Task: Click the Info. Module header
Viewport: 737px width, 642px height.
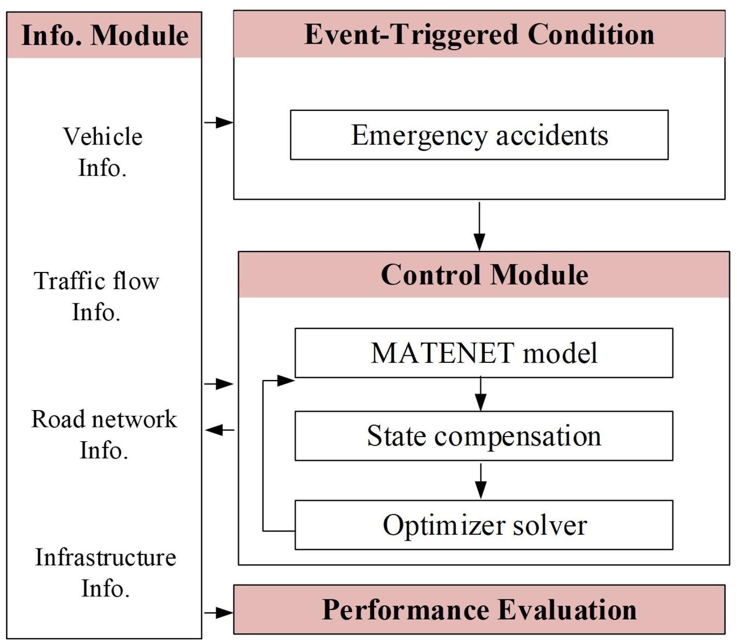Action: pyautogui.click(x=104, y=35)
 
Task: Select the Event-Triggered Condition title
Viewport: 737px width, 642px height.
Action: pyautogui.click(x=479, y=34)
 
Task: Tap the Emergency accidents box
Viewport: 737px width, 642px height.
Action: pyautogui.click(x=479, y=135)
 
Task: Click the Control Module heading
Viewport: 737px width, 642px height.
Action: pyautogui.click(x=484, y=275)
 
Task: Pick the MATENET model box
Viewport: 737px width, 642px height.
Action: pyautogui.click(x=484, y=353)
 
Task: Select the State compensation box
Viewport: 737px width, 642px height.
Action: pyautogui.click(x=484, y=435)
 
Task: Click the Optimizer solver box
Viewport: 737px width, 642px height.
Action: pyautogui.click(x=484, y=525)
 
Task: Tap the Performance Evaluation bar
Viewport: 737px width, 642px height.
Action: pyautogui.click(x=479, y=610)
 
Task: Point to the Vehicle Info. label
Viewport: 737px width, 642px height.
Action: pyautogui.click(x=102, y=152)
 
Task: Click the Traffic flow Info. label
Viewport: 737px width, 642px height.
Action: pyautogui.click(x=96, y=296)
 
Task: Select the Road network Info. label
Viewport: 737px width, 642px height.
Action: pyautogui.click(x=104, y=435)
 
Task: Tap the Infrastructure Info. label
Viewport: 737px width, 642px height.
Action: pyautogui.click(x=105, y=573)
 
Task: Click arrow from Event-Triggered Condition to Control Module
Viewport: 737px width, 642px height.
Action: pyautogui.click(x=479, y=227)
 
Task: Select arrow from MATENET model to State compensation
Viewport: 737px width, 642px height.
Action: pyautogui.click(x=481, y=395)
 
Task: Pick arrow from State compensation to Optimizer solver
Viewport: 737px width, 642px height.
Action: pyautogui.click(x=481, y=481)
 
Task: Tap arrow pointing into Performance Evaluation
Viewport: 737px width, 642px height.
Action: pyautogui.click(x=219, y=613)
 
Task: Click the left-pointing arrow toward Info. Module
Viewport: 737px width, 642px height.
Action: pyautogui.click(x=219, y=430)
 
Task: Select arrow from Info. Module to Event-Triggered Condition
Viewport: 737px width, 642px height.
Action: pyautogui.click(x=219, y=122)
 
